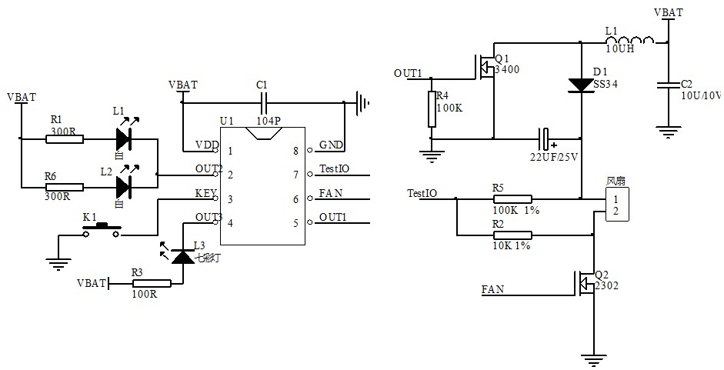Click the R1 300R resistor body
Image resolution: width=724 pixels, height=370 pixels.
pos(64,139)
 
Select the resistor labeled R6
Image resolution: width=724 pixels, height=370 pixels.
pos(64,187)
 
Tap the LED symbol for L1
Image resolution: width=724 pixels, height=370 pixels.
pos(123,139)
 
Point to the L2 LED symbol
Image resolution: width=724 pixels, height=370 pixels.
pos(123,187)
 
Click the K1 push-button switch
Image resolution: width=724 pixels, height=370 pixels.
pos(102,230)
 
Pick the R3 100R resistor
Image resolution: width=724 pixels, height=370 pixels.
pos(151,284)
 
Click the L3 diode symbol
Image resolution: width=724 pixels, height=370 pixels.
pos(182,256)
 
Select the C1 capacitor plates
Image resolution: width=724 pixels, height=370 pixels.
pos(263,102)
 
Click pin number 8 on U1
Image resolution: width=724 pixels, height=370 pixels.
pos(296,151)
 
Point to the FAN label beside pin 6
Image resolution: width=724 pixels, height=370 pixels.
pos(330,193)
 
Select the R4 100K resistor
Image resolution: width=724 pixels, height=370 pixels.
pos(432,108)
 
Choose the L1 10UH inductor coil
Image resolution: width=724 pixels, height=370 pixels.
pos(630,41)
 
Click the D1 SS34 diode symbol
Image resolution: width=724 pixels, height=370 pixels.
pos(581,85)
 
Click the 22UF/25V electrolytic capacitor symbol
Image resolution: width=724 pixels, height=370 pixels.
pos(546,139)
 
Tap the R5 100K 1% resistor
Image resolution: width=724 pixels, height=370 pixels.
pos(512,199)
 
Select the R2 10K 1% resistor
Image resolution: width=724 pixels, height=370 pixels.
pos(512,235)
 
